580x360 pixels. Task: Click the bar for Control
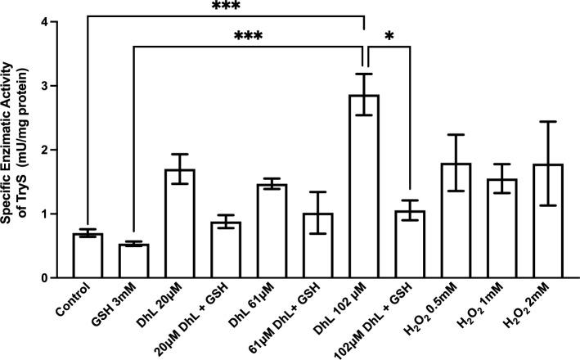coord(88,256)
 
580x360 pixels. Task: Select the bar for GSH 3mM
coord(133,261)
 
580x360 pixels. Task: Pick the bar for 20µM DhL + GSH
coord(225,250)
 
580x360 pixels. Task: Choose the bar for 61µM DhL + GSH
coord(317,245)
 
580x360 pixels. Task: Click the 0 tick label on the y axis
coord(54,278)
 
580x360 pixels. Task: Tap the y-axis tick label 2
coord(54,150)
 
